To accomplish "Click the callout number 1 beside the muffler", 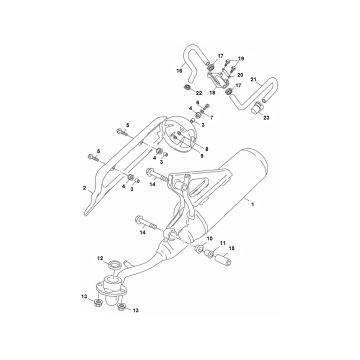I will (x=254, y=204).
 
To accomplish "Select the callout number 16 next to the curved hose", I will (x=181, y=72).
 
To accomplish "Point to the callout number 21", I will (x=253, y=79).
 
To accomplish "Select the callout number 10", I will (x=209, y=239).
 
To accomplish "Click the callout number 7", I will (x=211, y=117).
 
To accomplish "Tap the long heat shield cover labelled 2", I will (x=119, y=150).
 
